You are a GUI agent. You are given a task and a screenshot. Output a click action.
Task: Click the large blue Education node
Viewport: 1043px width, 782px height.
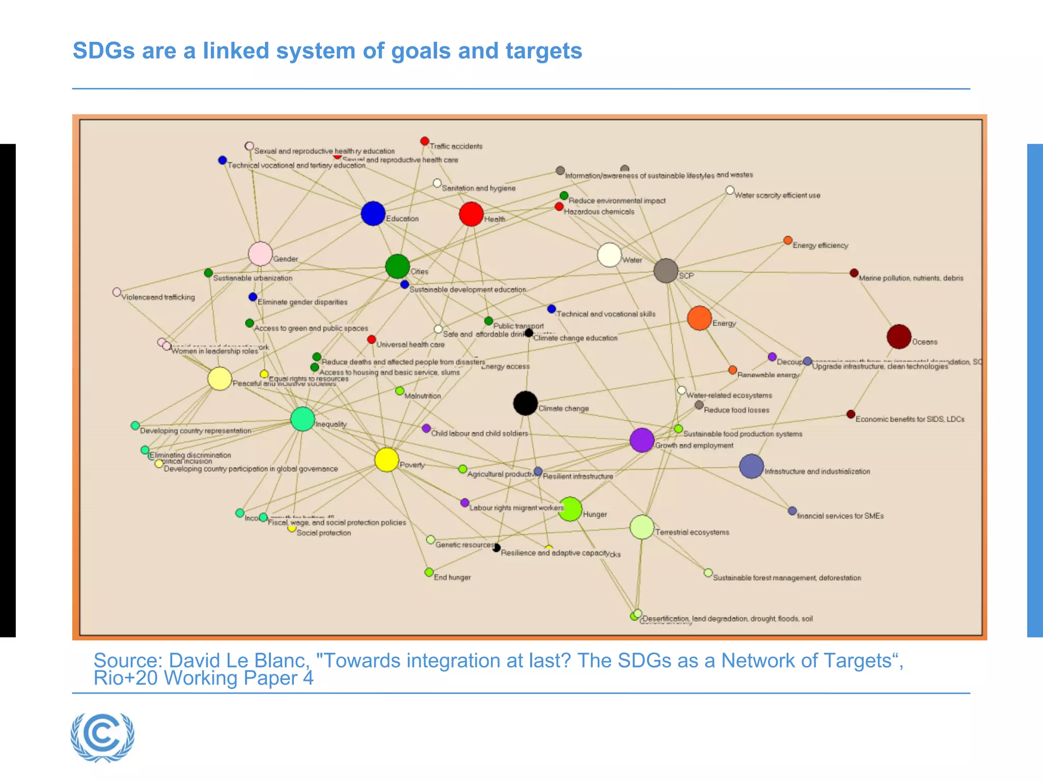pos(373,213)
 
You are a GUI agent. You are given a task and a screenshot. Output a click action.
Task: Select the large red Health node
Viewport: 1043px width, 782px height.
pos(471,214)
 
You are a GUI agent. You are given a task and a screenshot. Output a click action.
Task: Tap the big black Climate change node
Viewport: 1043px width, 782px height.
pos(526,403)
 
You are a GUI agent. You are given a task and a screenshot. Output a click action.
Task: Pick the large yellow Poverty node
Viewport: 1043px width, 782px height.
pos(387,460)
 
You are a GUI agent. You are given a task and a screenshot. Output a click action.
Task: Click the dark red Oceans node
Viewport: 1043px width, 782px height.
pos(899,337)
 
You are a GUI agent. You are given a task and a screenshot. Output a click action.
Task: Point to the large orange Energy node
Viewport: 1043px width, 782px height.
pos(699,318)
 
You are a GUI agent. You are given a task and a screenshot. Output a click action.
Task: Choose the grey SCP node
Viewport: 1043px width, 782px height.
pos(666,270)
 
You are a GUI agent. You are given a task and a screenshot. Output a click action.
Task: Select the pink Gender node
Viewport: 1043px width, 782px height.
pos(260,254)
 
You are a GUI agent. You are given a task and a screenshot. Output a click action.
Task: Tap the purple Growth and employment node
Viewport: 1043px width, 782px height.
pos(642,440)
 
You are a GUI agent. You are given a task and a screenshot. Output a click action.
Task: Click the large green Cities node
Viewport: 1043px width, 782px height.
pos(397,266)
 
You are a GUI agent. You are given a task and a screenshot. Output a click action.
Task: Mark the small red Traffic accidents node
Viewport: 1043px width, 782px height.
pos(425,141)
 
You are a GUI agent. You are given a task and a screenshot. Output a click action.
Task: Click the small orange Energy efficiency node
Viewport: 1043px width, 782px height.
pos(788,240)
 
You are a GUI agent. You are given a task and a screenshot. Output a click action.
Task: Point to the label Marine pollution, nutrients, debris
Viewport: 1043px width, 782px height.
pos(911,278)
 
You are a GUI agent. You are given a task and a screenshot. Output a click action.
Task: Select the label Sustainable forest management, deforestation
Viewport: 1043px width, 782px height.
pos(787,578)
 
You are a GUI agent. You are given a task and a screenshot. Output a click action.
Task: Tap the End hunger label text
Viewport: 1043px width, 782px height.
pos(452,577)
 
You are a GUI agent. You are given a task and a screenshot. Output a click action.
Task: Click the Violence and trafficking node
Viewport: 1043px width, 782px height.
pos(117,292)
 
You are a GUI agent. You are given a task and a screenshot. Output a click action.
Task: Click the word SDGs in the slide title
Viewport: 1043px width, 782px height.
pos(103,51)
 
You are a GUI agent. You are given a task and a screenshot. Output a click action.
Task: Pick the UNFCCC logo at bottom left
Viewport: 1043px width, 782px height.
pos(103,737)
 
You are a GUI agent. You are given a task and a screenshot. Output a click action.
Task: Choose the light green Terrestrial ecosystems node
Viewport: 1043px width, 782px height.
pos(642,527)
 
